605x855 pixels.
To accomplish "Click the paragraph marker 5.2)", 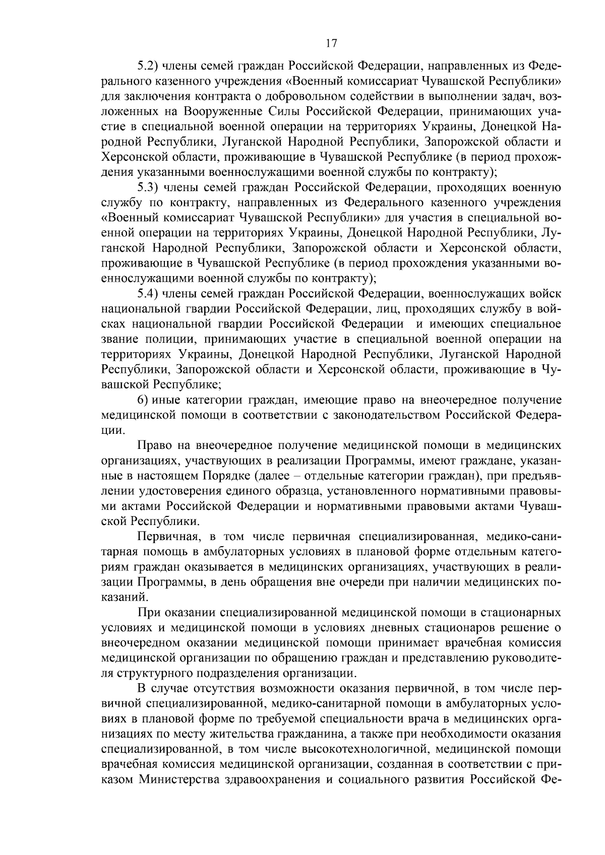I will click(x=149, y=66).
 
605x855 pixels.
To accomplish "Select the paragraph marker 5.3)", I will click(x=149, y=188).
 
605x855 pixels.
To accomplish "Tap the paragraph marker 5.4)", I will click(x=149, y=294).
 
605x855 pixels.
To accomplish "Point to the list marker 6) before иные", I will click(x=143, y=400).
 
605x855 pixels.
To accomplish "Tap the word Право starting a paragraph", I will click(x=153, y=446).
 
